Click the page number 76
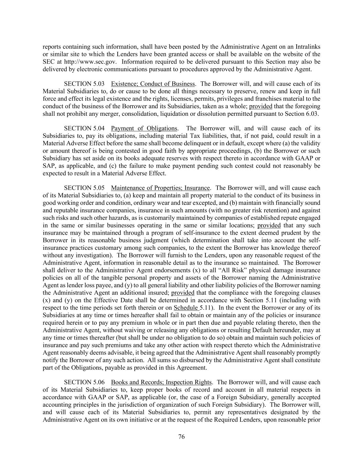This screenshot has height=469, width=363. point(182,437)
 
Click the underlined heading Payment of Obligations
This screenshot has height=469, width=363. point(144,128)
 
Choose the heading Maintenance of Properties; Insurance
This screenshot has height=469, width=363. point(160,188)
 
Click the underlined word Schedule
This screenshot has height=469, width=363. point(186,308)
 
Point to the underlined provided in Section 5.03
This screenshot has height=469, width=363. point(260,106)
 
